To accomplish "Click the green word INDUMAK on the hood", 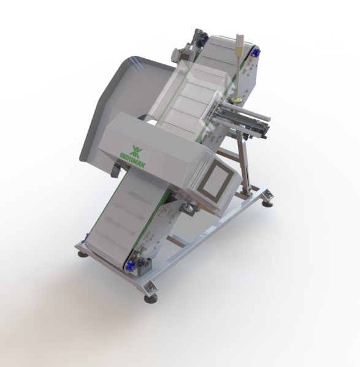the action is coord(133,160).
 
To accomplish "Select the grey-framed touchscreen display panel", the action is coord(216,180).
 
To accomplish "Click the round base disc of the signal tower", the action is coord(237,100).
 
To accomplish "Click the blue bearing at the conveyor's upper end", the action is coord(255,52).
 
